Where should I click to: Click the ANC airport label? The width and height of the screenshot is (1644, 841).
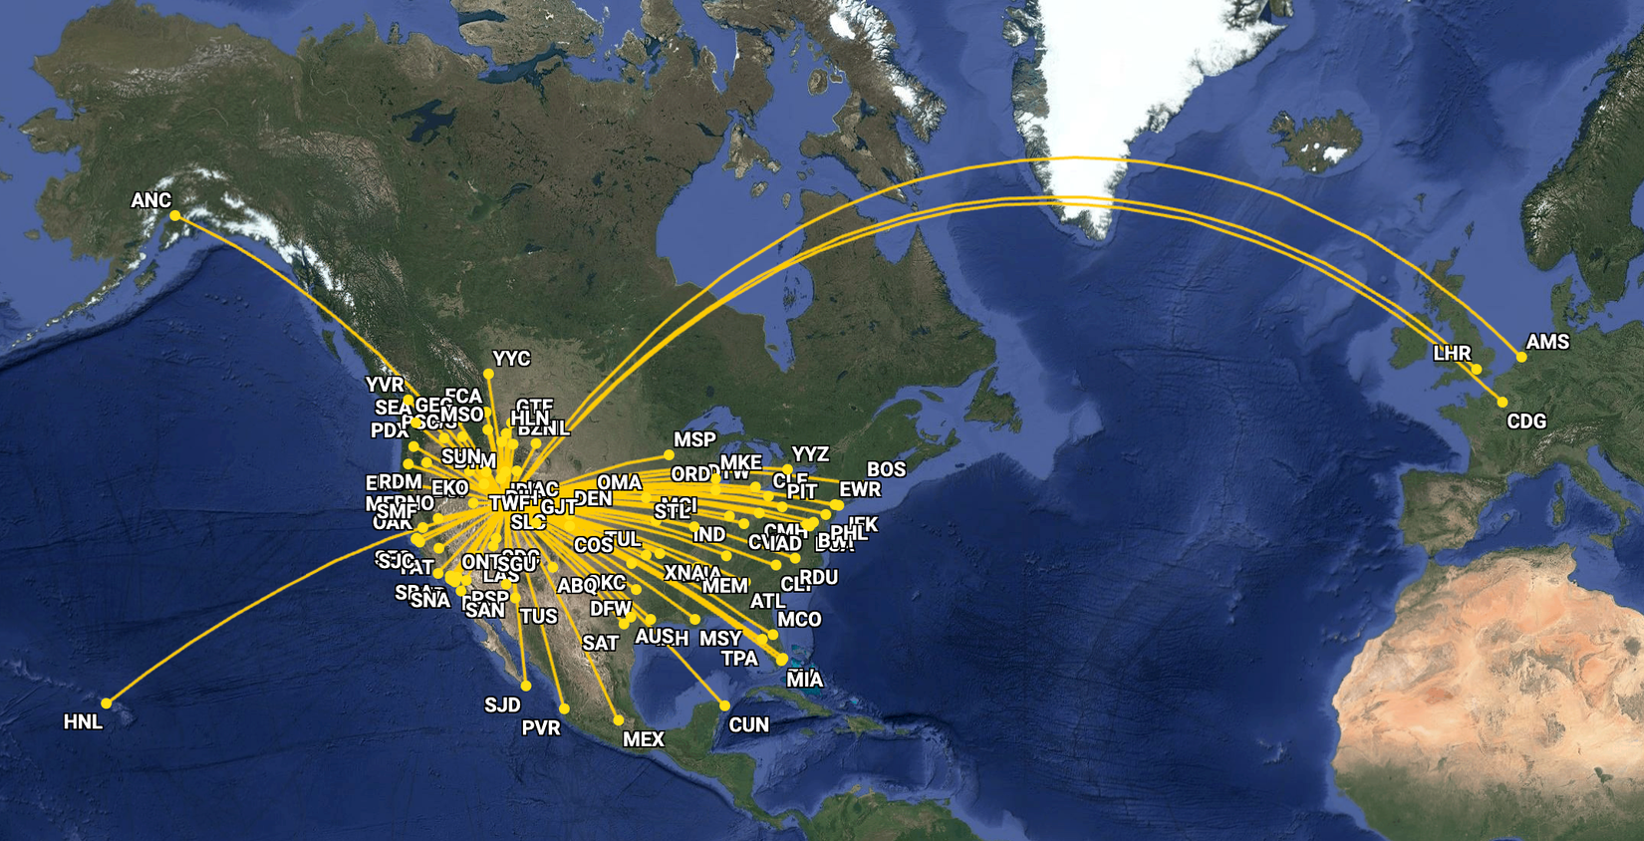tap(151, 200)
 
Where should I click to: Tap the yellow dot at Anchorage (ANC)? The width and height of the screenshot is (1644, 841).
tap(175, 215)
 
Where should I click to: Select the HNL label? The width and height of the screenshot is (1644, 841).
tap(83, 722)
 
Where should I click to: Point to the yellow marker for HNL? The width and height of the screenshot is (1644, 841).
tap(107, 703)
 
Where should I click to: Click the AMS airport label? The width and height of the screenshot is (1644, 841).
tap(1547, 342)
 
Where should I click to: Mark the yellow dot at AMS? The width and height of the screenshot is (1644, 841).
tap(1521, 357)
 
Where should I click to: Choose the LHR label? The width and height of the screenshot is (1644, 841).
tap(1452, 354)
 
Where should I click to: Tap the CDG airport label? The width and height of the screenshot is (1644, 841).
tap(1526, 421)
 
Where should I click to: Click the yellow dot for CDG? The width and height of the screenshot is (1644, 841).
tap(1503, 403)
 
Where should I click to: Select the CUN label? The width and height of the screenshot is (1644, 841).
tap(748, 724)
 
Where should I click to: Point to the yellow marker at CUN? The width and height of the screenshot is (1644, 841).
tap(724, 705)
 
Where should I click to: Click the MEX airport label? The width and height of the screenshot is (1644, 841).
tap(643, 739)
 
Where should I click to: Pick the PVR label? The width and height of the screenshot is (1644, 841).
tap(541, 728)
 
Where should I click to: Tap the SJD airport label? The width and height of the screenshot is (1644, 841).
tap(502, 705)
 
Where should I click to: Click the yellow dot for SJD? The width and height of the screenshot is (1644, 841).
tap(526, 686)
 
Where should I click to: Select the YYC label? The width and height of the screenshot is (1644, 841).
tap(511, 359)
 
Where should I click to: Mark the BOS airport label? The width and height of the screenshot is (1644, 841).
tap(886, 469)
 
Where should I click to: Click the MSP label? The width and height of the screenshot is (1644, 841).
tap(694, 439)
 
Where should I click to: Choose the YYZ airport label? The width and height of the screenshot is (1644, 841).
tap(810, 454)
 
